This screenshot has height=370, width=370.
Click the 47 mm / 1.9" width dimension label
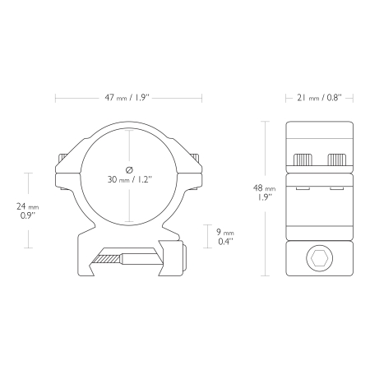pyautogui.click(x=127, y=98)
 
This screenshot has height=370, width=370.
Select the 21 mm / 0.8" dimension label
pyautogui.click(x=319, y=98)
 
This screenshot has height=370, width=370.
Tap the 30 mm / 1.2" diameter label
pyautogui.click(x=129, y=179)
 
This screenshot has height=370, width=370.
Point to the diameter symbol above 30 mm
pyautogui.click(x=129, y=170)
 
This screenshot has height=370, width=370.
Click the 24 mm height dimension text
pyautogui.click(x=28, y=206)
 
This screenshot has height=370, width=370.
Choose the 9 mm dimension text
pyautogui.click(x=225, y=233)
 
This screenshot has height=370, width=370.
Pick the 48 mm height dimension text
pyautogui.click(x=264, y=188)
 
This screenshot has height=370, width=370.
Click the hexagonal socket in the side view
pyautogui.click(x=320, y=258)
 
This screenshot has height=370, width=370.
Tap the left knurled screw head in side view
pyautogui.click(x=303, y=160)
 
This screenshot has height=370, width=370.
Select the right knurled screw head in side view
pyautogui.click(x=336, y=160)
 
